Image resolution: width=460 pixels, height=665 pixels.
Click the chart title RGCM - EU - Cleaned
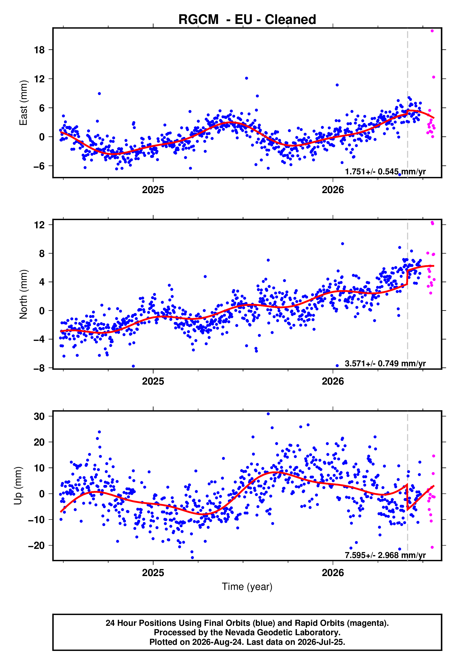tap(247, 20)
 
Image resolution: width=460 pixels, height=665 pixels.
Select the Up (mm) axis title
tap(18, 486)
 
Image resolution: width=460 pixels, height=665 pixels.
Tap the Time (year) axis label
tap(247, 587)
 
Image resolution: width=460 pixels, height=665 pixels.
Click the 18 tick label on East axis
tap(39, 50)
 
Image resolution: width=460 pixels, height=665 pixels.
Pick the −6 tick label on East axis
tap(39, 166)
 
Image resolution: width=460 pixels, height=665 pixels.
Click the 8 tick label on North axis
tap(42, 253)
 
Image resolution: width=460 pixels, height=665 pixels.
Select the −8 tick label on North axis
tap(39, 368)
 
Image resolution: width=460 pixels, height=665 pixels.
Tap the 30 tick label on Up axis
tap(39, 417)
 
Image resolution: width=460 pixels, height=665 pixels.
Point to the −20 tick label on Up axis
tap(36, 546)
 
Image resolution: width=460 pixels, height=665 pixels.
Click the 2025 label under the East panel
tap(153, 190)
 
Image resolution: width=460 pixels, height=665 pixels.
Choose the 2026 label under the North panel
tap(333, 381)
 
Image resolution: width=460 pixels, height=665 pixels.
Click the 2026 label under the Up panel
tap(333, 573)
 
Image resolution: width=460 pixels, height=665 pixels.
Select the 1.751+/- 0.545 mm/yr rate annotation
tap(385, 172)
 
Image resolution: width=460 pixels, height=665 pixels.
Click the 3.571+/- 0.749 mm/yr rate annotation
tap(385, 363)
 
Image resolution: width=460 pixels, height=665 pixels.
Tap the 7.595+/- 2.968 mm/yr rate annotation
tap(385, 555)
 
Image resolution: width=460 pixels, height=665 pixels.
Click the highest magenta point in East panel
tap(432, 31)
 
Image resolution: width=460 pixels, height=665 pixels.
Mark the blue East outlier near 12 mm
tap(246, 78)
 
